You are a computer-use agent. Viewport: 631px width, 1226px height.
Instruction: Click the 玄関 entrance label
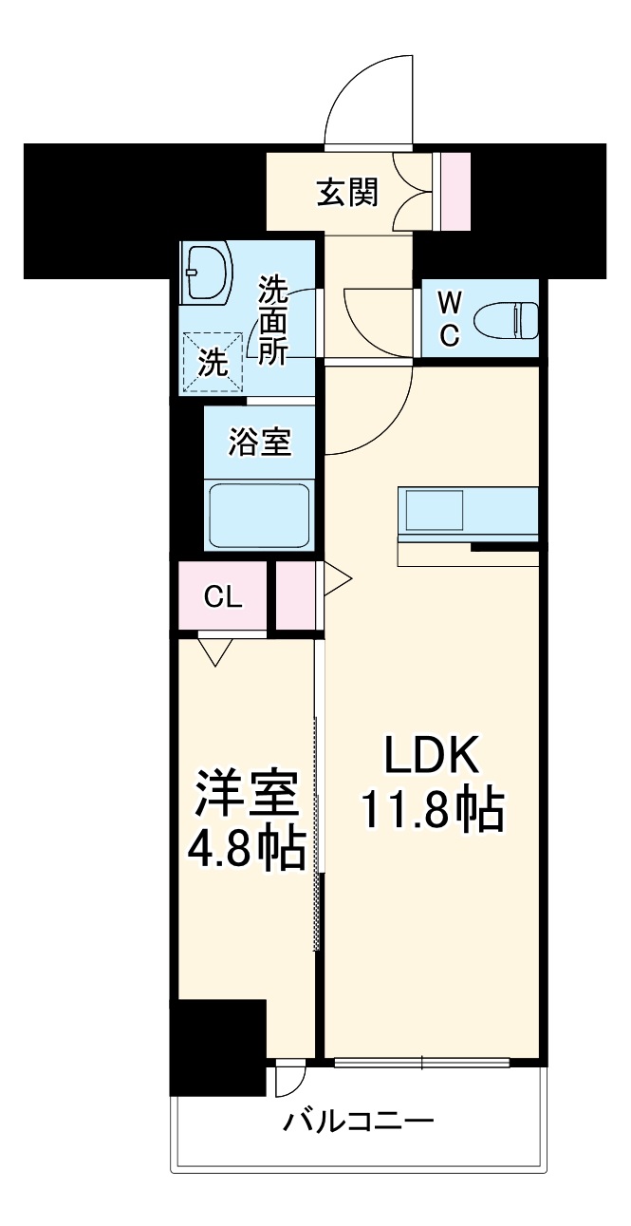(x=347, y=193)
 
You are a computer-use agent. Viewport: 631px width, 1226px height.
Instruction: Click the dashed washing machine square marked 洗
(x=213, y=361)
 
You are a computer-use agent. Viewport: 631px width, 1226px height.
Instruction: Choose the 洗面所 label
(x=273, y=320)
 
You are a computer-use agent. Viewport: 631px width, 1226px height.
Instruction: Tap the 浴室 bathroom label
(x=259, y=441)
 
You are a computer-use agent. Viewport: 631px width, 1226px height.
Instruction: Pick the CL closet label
(x=224, y=597)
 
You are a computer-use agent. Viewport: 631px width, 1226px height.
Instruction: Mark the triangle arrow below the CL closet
(x=215, y=652)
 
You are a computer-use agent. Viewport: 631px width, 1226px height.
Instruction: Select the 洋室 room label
(x=247, y=795)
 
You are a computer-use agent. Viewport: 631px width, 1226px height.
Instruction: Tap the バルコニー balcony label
(x=359, y=1122)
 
